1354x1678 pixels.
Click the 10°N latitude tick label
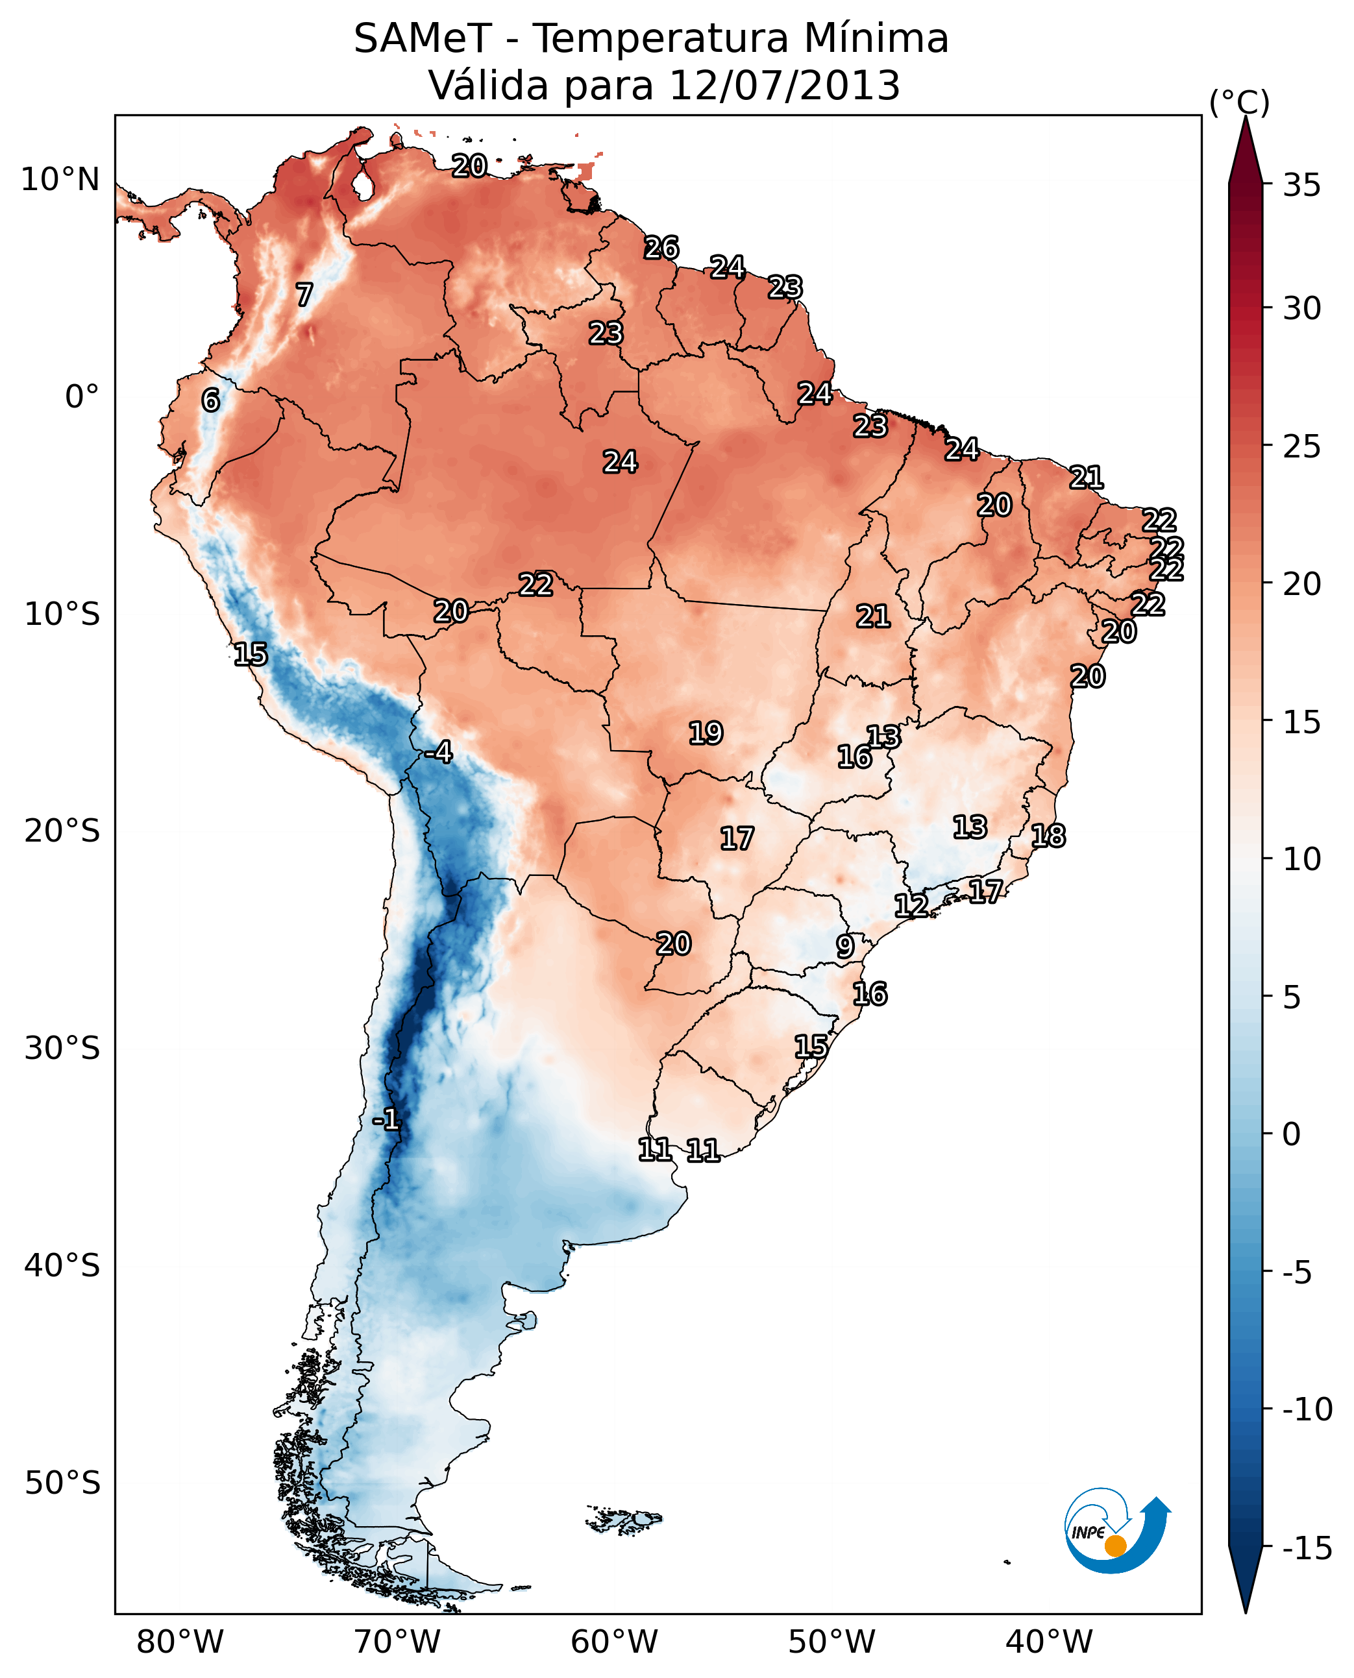click(60, 180)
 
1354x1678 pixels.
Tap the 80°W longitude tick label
click(180, 1642)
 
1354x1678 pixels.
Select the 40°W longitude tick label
click(1049, 1642)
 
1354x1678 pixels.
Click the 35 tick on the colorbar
click(1301, 186)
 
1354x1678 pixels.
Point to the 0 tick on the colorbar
click(1292, 1134)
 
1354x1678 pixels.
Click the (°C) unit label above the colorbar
click(1239, 102)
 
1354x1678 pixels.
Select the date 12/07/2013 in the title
click(785, 86)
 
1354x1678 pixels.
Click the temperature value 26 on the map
click(661, 248)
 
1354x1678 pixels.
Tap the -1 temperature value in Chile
click(386, 1121)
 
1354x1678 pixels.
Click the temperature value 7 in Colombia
click(304, 295)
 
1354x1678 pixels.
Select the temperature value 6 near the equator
click(210, 400)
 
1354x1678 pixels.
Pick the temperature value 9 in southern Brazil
click(844, 947)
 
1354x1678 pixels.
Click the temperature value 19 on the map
click(706, 733)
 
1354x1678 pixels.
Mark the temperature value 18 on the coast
click(1048, 836)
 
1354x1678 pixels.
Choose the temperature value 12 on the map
click(911, 905)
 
